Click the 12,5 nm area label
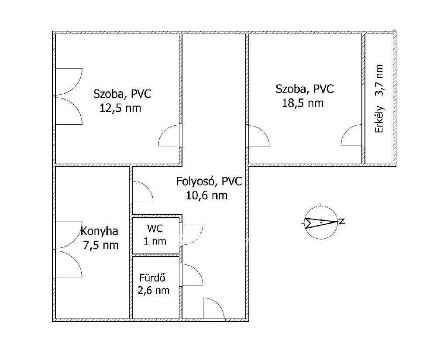[x=120, y=108]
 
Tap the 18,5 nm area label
[x=303, y=103]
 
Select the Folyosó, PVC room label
[x=209, y=181]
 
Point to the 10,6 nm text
[x=206, y=195]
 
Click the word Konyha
[x=100, y=231]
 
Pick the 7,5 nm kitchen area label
[x=101, y=245]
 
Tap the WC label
[x=155, y=228]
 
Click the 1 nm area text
[x=155, y=241]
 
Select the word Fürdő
[x=152, y=278]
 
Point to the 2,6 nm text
[x=153, y=291]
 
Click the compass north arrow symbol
[x=321, y=222]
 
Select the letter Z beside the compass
[x=342, y=221]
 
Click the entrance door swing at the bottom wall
[x=213, y=308]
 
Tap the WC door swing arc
[x=193, y=234]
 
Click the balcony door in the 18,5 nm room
[x=351, y=135]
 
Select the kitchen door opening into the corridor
[x=143, y=191]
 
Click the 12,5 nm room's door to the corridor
[x=169, y=135]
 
